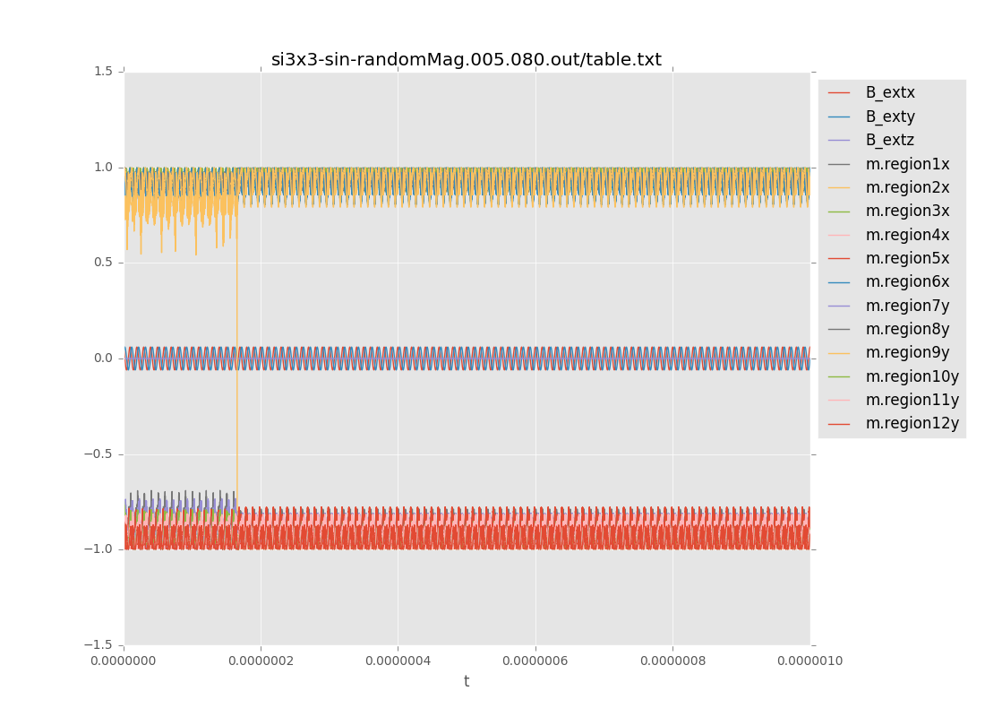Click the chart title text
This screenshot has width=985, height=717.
tap(467, 60)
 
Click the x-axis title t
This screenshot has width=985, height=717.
tap(467, 682)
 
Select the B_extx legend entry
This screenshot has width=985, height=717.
tap(889, 92)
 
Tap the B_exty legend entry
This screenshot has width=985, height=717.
tap(889, 117)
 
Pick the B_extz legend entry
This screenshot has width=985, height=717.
tap(889, 140)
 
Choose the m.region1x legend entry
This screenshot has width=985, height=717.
tap(907, 164)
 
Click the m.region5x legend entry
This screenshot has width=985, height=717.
tap(907, 258)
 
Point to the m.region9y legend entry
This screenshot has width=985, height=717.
tap(907, 352)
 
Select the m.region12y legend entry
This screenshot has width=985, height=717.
tap(912, 423)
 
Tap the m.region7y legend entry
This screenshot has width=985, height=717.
tap(907, 306)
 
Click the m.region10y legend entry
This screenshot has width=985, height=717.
tap(912, 376)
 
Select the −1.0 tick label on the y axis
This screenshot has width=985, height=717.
tap(100, 549)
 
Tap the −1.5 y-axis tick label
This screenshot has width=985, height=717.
tap(100, 645)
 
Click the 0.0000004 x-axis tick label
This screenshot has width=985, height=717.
tap(398, 661)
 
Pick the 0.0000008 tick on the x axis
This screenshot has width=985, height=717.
tap(672, 661)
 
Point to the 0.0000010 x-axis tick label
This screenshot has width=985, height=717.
tap(809, 661)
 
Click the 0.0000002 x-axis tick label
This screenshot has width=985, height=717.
tap(261, 661)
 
